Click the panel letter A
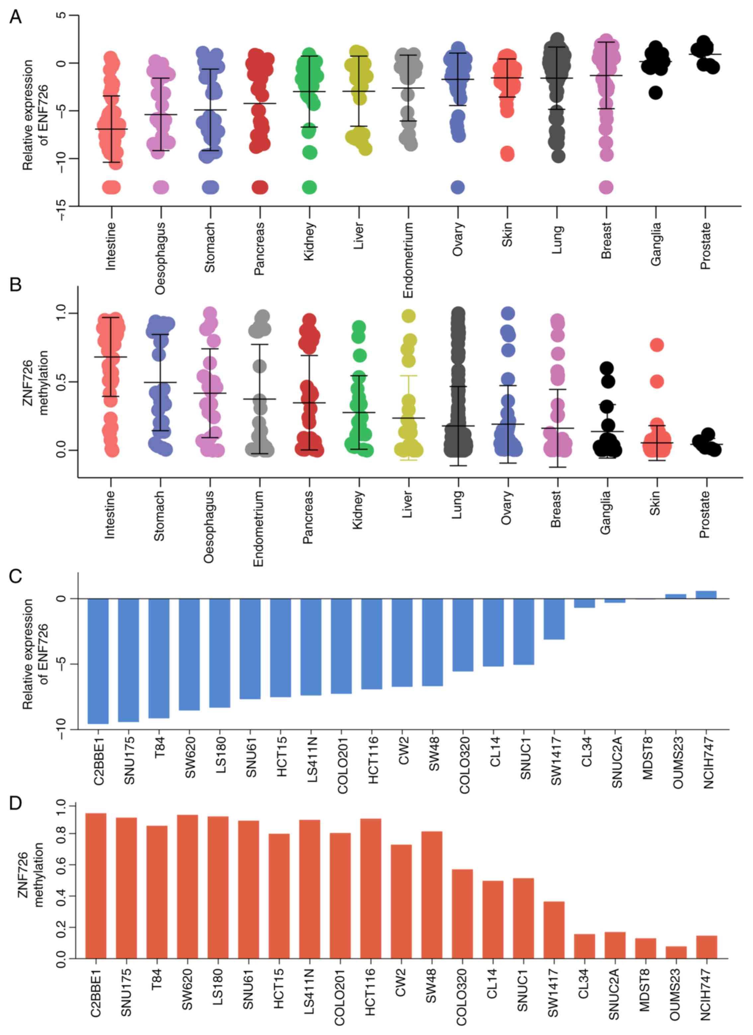(16, 17)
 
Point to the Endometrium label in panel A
(408, 260)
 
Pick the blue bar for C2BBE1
(98, 661)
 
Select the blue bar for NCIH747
(706, 595)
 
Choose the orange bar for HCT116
(371, 888)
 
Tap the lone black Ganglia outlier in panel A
(655, 93)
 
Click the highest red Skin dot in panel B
(656, 345)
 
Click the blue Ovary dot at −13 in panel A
(458, 187)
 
